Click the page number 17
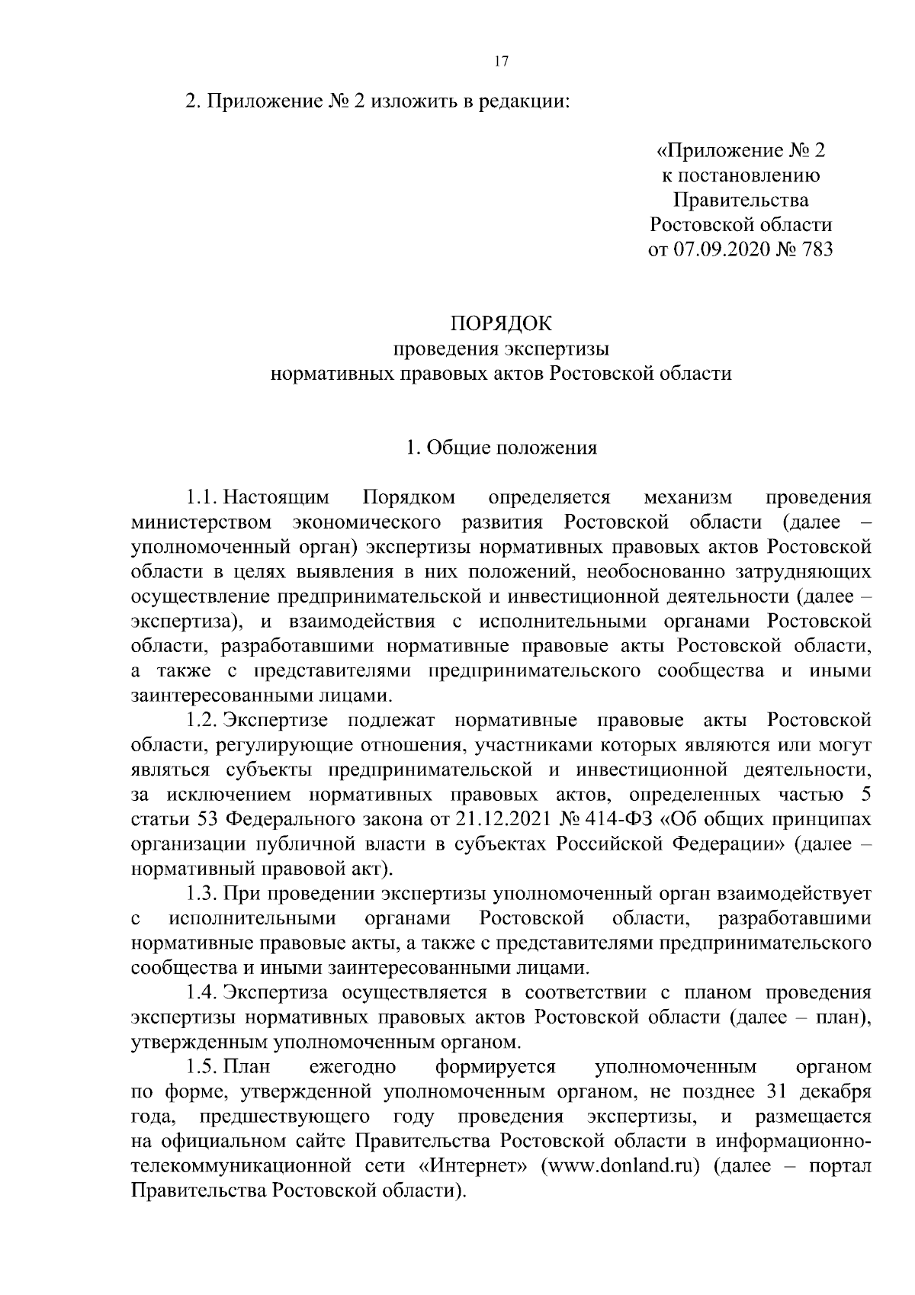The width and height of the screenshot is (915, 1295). click(501, 63)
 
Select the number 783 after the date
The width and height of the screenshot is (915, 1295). click(815, 250)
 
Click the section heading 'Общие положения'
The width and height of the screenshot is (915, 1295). click(510, 448)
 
